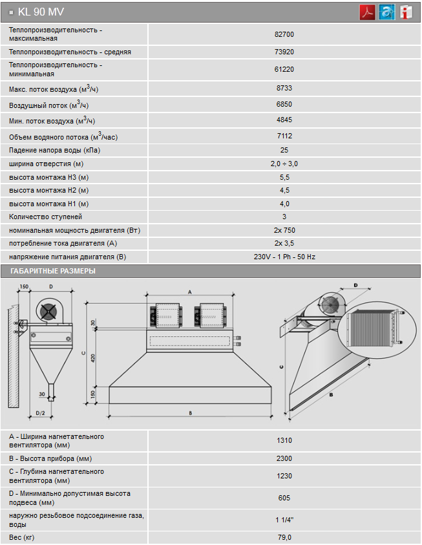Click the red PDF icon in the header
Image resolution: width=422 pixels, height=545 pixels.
(x=367, y=12)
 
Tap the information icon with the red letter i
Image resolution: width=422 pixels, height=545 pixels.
(x=405, y=12)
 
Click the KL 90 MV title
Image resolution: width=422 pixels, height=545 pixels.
(x=41, y=12)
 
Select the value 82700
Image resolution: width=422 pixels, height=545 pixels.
(x=284, y=34)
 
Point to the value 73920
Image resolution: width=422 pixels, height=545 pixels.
(x=284, y=52)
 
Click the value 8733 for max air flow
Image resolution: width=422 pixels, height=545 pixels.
(x=284, y=88)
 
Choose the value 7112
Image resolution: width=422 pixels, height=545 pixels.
(x=284, y=136)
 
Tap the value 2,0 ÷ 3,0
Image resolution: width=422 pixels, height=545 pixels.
(x=284, y=164)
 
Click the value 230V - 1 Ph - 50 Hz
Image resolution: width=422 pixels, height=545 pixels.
(x=284, y=257)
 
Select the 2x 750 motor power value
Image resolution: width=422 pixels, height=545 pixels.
(x=284, y=230)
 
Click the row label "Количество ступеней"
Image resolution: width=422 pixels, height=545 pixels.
(x=45, y=217)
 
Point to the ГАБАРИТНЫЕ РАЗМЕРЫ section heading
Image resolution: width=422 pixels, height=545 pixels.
(x=53, y=271)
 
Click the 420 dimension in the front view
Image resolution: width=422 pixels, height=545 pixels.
(x=93, y=358)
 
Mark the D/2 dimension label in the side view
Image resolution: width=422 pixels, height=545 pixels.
(x=41, y=413)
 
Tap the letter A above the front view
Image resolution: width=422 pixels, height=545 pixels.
(x=189, y=292)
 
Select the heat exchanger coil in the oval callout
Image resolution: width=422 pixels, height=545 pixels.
(x=372, y=328)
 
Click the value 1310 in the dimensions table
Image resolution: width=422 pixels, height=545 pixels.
(x=284, y=440)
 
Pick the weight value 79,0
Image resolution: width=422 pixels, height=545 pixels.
(x=284, y=537)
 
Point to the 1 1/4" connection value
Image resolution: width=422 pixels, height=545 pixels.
(x=284, y=520)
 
